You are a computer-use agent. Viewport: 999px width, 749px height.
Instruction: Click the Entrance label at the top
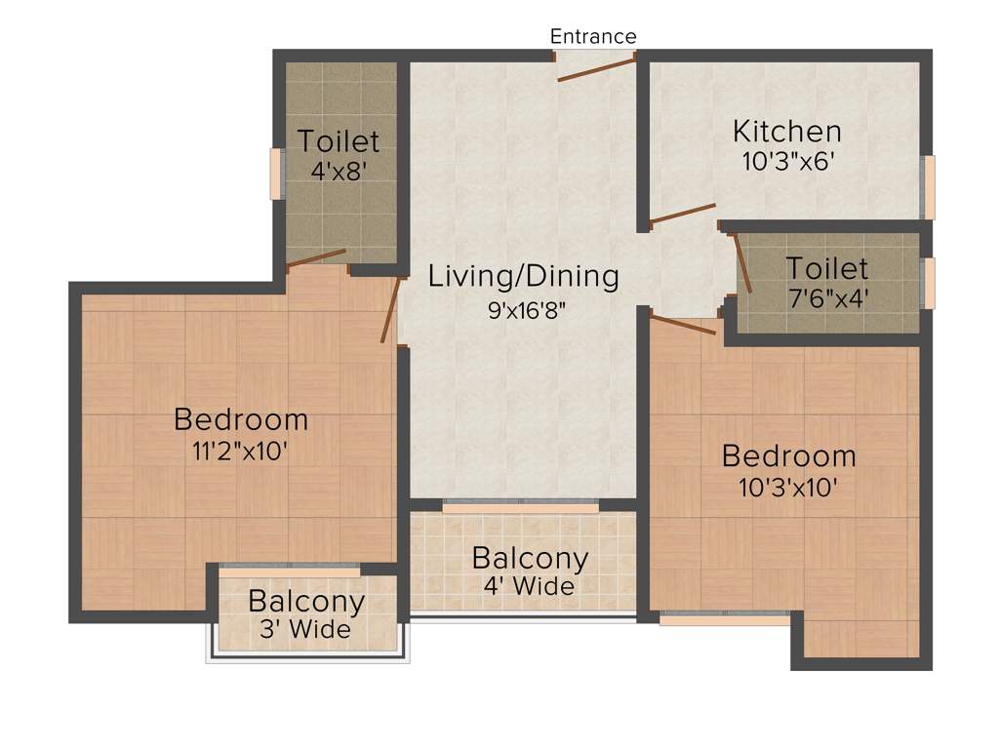(593, 37)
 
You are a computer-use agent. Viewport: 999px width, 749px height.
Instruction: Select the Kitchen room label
(786, 131)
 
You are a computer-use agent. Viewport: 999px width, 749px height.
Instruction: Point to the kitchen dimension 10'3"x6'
(786, 161)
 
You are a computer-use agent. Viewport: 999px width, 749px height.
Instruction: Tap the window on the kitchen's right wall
(929, 186)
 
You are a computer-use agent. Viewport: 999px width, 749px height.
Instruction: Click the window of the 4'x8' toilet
(276, 175)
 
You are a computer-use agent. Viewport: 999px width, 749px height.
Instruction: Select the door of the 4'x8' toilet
(316, 257)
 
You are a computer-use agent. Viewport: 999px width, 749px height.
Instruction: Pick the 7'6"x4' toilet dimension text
(826, 296)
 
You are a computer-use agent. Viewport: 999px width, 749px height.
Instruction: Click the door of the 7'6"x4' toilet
(741, 263)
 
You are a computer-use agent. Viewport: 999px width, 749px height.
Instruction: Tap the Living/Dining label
(524, 277)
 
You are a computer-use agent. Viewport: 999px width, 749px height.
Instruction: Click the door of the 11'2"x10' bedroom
(390, 310)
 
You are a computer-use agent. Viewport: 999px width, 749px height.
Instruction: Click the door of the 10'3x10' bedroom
(683, 325)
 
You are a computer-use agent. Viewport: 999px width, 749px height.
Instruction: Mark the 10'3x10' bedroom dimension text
(788, 487)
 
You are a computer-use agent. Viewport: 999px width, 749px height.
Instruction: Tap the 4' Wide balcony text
(529, 587)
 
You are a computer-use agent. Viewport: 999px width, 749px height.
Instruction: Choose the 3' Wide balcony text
(305, 630)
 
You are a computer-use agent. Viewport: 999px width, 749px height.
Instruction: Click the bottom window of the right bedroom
(724, 618)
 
